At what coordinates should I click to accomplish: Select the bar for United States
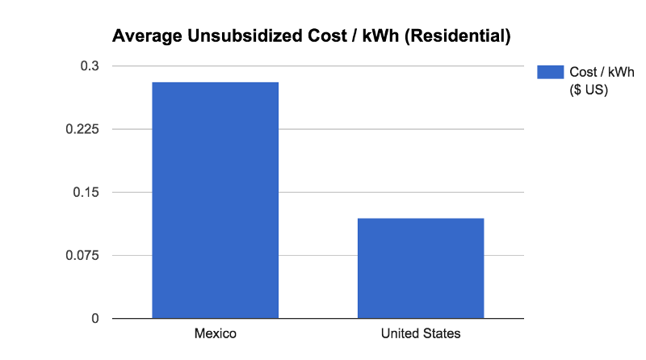point(421,268)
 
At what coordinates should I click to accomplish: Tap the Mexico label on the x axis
point(215,333)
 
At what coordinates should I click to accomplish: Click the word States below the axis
point(442,333)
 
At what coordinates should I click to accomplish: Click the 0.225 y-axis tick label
point(82,129)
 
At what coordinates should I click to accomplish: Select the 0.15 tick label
point(86,192)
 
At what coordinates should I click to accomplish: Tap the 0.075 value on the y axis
point(82,255)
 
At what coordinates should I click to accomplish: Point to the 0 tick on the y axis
point(95,319)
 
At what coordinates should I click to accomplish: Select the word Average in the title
point(141,36)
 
